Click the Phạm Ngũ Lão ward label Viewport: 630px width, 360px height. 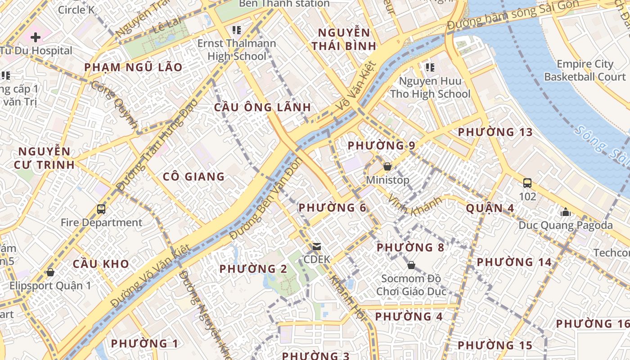tap(134, 67)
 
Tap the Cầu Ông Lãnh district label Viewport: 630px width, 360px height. tap(262, 107)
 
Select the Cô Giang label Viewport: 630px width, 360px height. tap(194, 176)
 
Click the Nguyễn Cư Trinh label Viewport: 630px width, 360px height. tap(44, 157)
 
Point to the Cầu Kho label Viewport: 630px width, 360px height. tap(101, 264)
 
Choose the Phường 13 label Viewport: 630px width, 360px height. tap(495, 132)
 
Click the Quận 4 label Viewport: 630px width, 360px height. tap(490, 208)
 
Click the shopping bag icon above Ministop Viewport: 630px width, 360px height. tap(387, 167)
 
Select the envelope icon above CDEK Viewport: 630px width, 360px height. tap(317, 247)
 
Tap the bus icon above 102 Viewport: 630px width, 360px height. tap(527, 183)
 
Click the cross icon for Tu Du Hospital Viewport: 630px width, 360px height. tap(36, 37)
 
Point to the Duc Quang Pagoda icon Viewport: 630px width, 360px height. tap(566, 211)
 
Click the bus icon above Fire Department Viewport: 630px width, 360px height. tap(101, 209)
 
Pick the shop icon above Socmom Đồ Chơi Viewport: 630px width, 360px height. tap(411, 265)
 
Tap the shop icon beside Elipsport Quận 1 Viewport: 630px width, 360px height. tap(50, 272)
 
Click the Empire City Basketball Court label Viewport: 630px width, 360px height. tap(585, 70)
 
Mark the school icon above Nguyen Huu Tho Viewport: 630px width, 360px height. tap(430, 67)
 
